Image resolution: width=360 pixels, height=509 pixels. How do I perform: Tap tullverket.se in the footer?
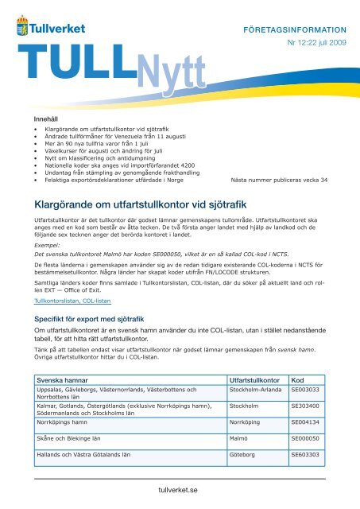(x=181, y=492)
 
